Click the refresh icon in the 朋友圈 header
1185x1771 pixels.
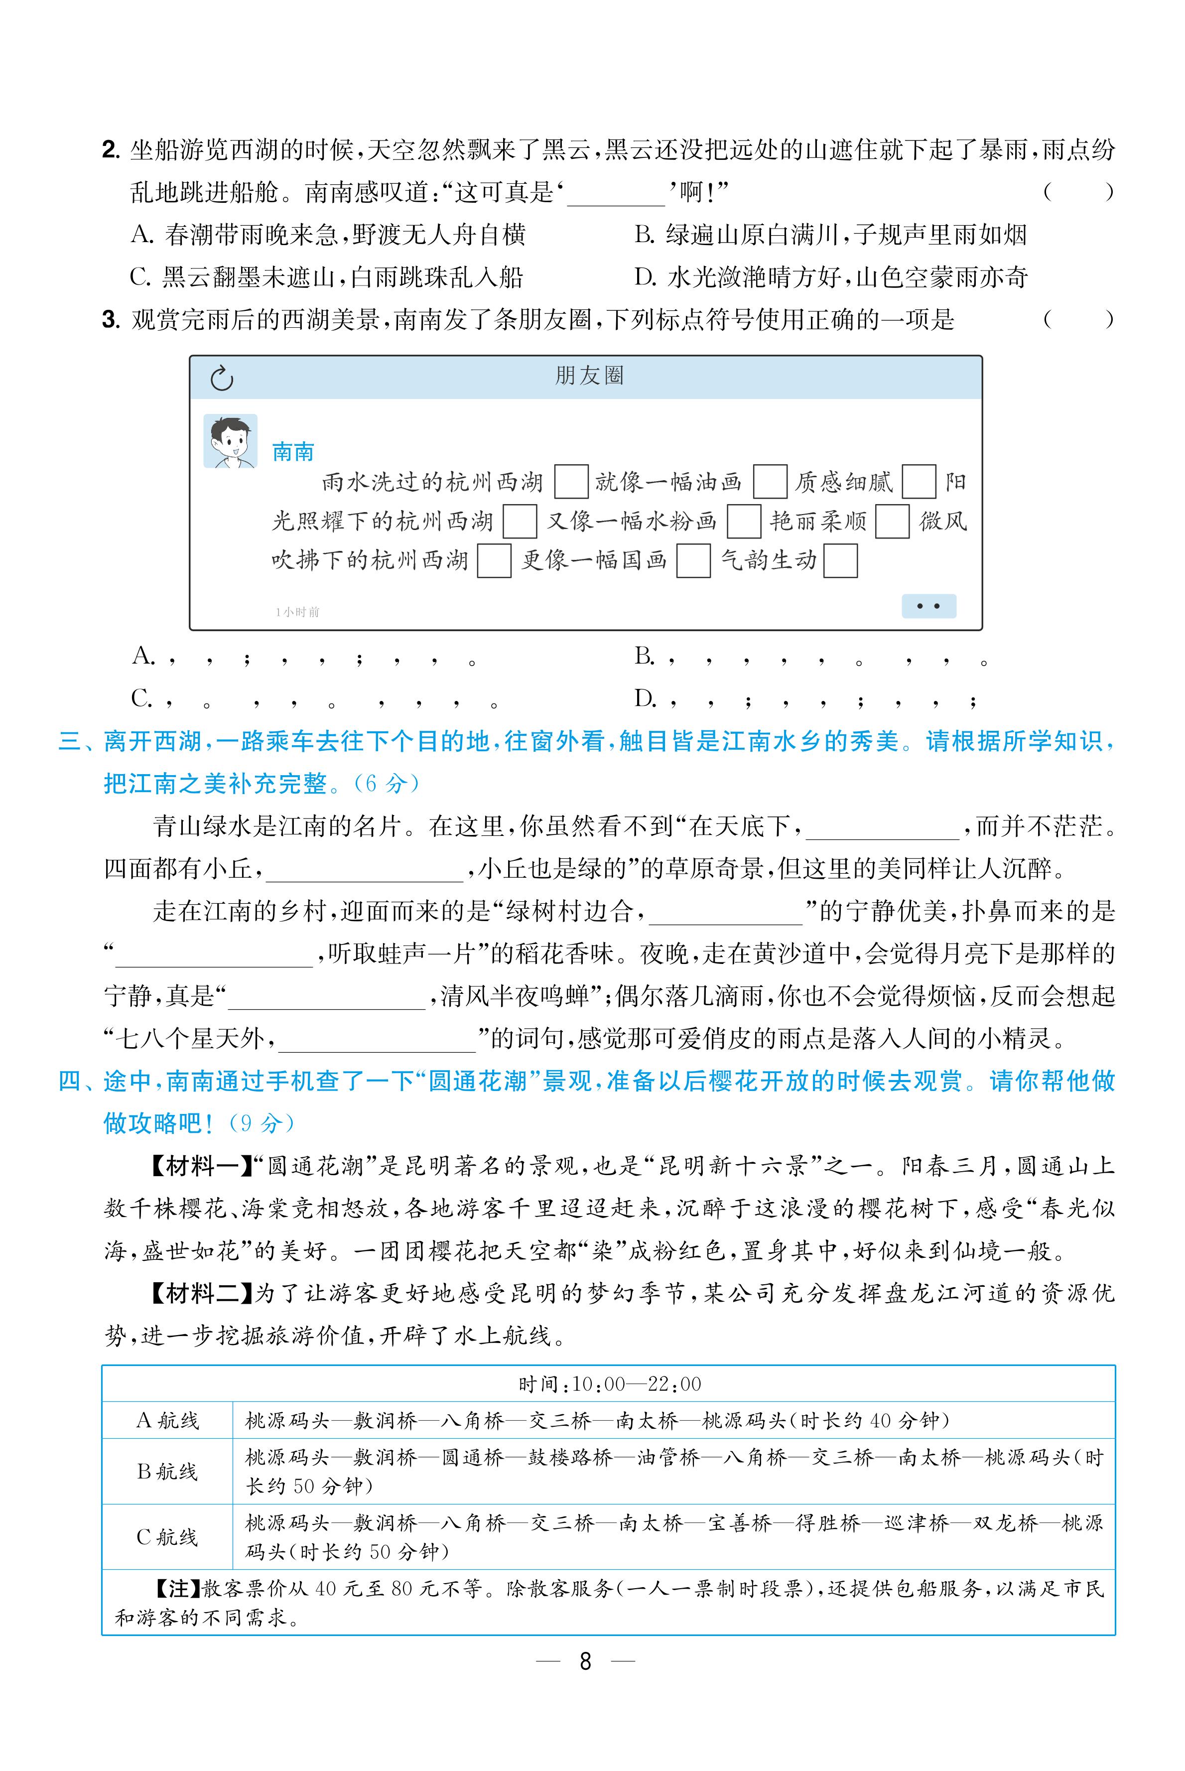222,379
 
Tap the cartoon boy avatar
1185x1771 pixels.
231,441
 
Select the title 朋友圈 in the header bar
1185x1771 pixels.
589,376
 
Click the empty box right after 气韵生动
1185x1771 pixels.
840,561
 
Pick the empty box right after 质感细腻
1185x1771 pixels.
919,482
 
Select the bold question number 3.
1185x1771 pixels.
111,320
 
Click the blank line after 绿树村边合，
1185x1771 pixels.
726,912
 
